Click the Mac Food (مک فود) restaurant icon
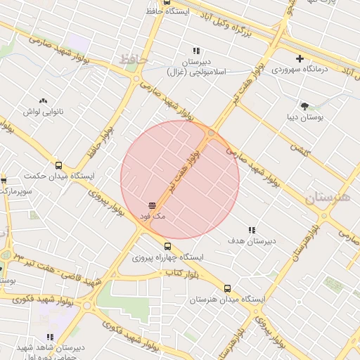click(153, 205)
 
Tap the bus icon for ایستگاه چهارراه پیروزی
click(167, 246)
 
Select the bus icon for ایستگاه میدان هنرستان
click(226, 288)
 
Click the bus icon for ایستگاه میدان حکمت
click(58, 165)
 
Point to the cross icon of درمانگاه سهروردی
click(300, 58)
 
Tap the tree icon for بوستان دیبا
click(304, 106)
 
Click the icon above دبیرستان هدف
click(251, 230)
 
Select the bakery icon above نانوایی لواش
click(44, 101)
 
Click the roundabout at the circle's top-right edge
click(211, 132)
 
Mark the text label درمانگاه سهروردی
click(301, 70)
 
